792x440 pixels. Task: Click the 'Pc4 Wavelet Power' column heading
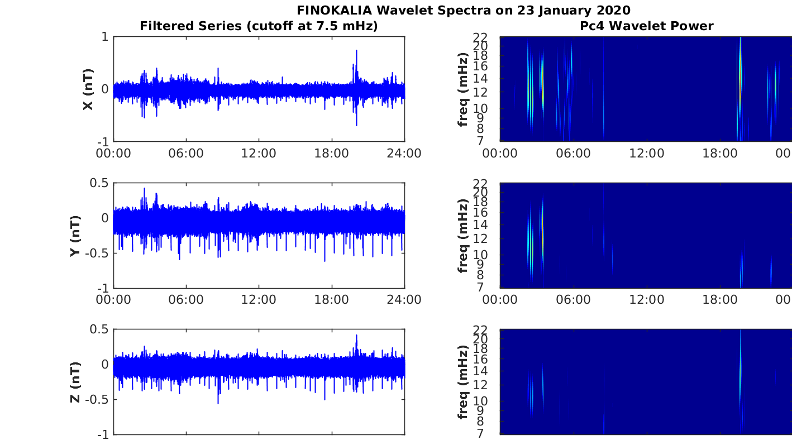(x=646, y=26)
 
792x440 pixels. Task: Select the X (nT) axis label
(x=88, y=89)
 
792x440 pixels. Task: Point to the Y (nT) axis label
(x=75, y=236)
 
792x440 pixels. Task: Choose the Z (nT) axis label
(x=75, y=382)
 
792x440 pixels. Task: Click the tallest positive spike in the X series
(x=356, y=50)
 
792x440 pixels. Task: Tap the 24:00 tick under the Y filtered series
(x=404, y=299)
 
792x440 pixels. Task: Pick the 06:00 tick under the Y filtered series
(x=186, y=299)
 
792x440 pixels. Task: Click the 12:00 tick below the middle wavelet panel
(x=646, y=299)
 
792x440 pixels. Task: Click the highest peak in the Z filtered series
(x=356, y=336)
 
